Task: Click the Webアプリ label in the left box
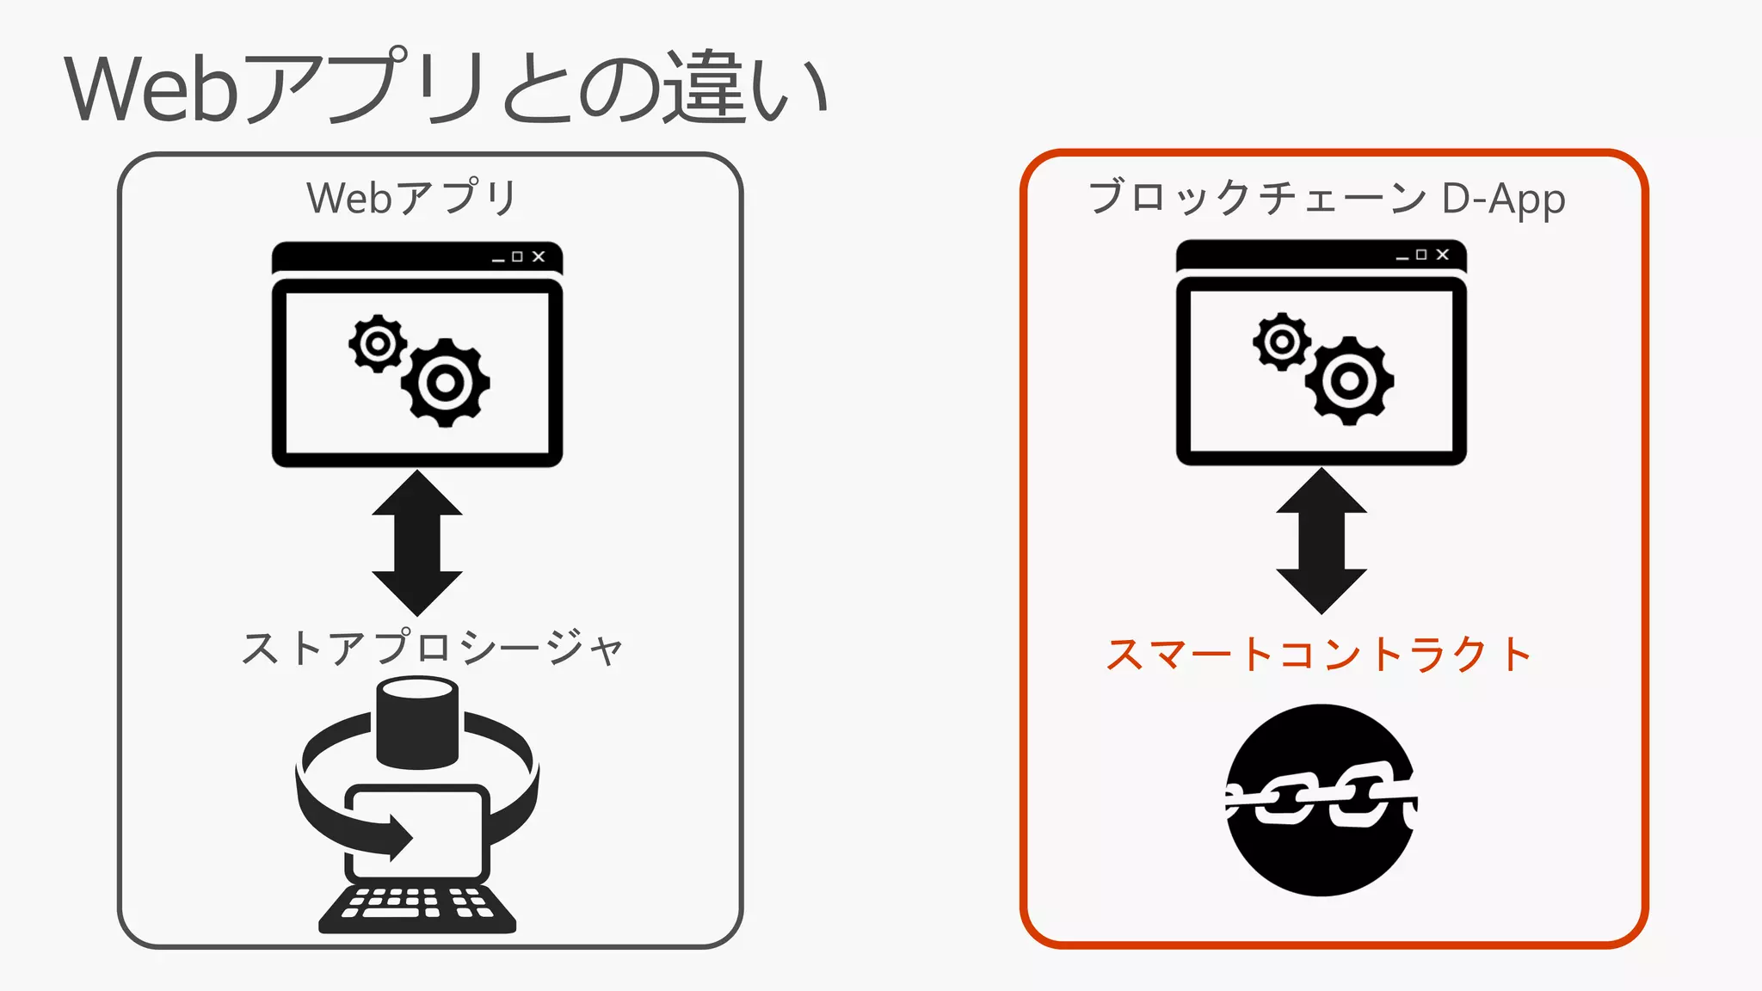pos(411,198)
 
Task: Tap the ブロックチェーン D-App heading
pos(1325,198)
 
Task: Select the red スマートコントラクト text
pos(1318,655)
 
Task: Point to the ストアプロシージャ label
pos(432,649)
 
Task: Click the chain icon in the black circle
pos(1321,800)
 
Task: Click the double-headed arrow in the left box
pos(417,543)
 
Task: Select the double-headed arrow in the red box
pos(1321,541)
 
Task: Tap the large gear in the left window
pos(445,383)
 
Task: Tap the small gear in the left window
pos(377,344)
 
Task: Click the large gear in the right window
pos(1349,380)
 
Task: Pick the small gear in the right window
pos(1281,342)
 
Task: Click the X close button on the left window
pos(539,256)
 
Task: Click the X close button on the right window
pos(1443,255)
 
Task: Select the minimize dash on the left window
pos(498,260)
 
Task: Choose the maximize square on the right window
pos(1421,255)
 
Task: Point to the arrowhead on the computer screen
pos(400,837)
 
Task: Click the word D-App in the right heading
pos(1503,199)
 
